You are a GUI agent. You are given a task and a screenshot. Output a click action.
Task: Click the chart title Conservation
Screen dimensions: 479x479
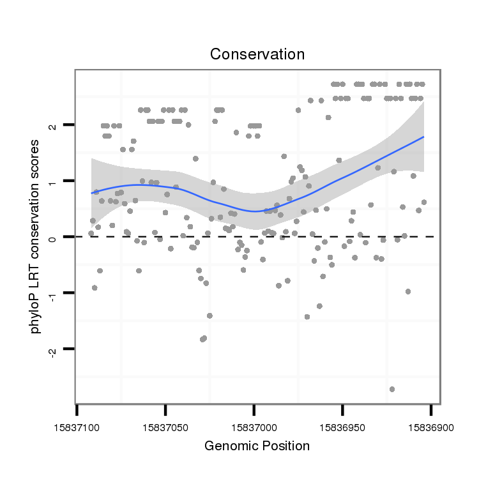click(257, 54)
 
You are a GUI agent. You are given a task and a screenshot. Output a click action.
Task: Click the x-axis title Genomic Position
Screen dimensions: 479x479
click(257, 446)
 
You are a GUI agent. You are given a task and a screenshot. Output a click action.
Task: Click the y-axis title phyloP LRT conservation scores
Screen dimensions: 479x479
click(36, 236)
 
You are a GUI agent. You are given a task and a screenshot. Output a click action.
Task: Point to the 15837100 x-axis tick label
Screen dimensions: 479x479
click(77, 425)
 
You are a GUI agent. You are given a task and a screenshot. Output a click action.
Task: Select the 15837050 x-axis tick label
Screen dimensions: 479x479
click(165, 425)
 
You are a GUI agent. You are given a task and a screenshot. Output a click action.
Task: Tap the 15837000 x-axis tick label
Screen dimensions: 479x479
click(254, 425)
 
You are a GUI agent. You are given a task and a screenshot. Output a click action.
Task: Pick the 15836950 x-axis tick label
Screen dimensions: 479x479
click(343, 425)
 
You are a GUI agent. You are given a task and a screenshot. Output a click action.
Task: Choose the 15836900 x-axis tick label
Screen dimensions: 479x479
click(431, 425)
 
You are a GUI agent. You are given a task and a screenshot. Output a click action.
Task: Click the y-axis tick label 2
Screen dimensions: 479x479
click(52, 126)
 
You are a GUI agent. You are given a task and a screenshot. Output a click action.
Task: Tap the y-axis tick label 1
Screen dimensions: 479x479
click(52, 181)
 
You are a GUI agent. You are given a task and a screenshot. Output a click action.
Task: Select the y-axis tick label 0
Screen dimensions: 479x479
click(52, 237)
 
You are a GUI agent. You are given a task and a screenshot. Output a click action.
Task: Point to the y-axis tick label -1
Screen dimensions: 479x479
click(52, 293)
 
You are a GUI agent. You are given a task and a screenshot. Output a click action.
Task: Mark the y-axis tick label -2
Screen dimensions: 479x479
click(52, 349)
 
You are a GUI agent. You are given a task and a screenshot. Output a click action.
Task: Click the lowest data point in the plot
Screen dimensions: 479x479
click(392, 389)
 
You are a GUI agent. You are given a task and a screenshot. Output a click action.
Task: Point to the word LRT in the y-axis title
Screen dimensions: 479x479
click(36, 281)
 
